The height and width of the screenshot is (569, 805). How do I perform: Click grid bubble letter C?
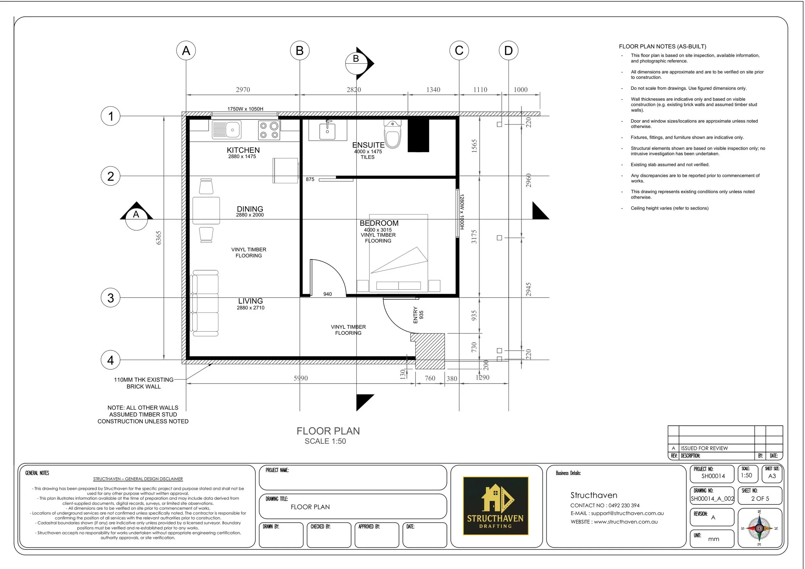coord(459,51)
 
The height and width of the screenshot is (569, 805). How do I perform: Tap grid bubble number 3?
coord(110,298)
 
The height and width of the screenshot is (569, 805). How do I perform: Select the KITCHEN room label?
coord(243,150)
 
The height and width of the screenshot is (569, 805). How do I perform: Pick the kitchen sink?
coord(226,129)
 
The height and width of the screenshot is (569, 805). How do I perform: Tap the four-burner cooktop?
coord(269,130)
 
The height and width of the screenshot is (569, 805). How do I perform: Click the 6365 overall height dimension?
coord(158,238)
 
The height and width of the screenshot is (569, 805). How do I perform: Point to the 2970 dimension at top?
coord(242,90)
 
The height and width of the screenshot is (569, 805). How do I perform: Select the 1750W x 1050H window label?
coord(245,109)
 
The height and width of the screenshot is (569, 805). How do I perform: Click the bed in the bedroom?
coord(399,252)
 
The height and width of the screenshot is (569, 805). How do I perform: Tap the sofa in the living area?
coord(204,303)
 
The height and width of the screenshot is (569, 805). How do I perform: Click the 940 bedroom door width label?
coord(327,294)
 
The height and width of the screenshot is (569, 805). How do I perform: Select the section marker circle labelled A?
coord(136,215)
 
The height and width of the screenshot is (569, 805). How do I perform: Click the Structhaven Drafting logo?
coord(496,506)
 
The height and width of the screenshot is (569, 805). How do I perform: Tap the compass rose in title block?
coord(759,528)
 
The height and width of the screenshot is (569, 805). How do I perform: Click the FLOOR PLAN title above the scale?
coord(328,431)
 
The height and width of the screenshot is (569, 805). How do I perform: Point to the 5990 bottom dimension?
coord(300,378)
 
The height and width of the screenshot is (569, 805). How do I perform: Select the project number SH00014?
coord(713,476)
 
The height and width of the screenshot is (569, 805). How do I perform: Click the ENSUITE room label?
coord(368,145)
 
